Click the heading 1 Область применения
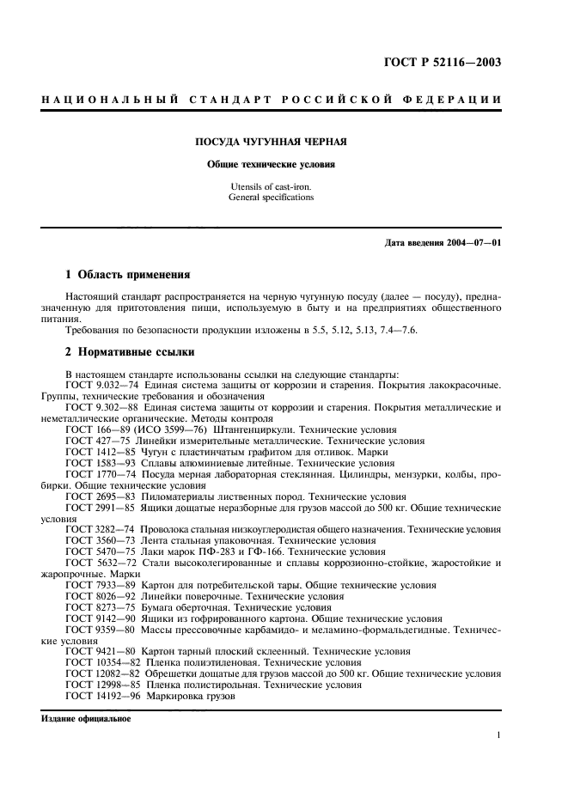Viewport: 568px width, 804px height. click(128, 275)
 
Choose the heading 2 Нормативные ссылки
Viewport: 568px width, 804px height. click(130, 352)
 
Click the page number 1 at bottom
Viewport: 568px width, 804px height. click(498, 735)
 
